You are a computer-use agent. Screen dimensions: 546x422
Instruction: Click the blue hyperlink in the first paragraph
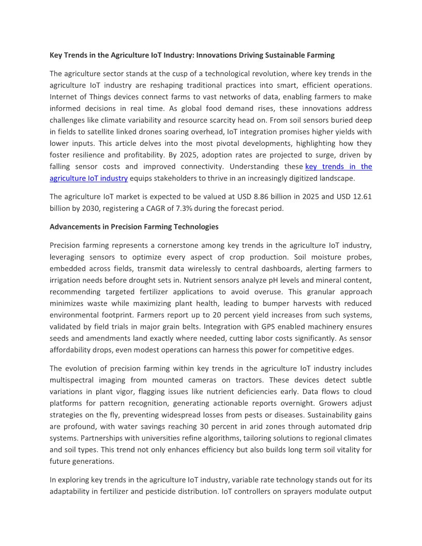[x=338, y=166]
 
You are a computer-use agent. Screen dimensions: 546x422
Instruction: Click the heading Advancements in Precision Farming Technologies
[x=134, y=226]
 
